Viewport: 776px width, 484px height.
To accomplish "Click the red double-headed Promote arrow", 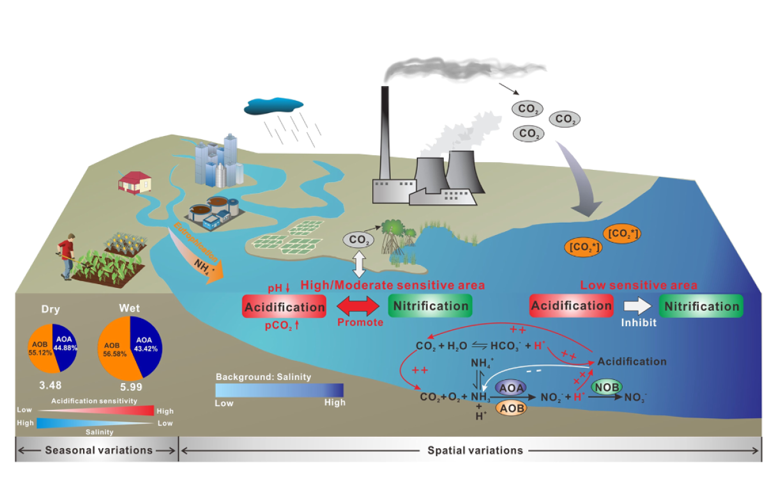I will tap(357, 306).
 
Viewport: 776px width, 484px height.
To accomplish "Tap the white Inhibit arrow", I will tap(635, 306).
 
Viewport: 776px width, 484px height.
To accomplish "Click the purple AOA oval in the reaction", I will tap(512, 388).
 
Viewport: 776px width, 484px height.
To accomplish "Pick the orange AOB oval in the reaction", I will tap(511, 407).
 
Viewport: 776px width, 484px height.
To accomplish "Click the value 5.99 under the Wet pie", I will tap(130, 387).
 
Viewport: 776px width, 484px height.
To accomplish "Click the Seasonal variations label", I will tap(98, 450).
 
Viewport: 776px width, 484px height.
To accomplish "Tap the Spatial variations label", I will tap(475, 450).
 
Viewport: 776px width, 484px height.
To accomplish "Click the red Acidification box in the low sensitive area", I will tap(571, 306).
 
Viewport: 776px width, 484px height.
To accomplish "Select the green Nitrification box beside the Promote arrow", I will tap(430, 306).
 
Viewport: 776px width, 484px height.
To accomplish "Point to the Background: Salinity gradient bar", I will tap(280, 390).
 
